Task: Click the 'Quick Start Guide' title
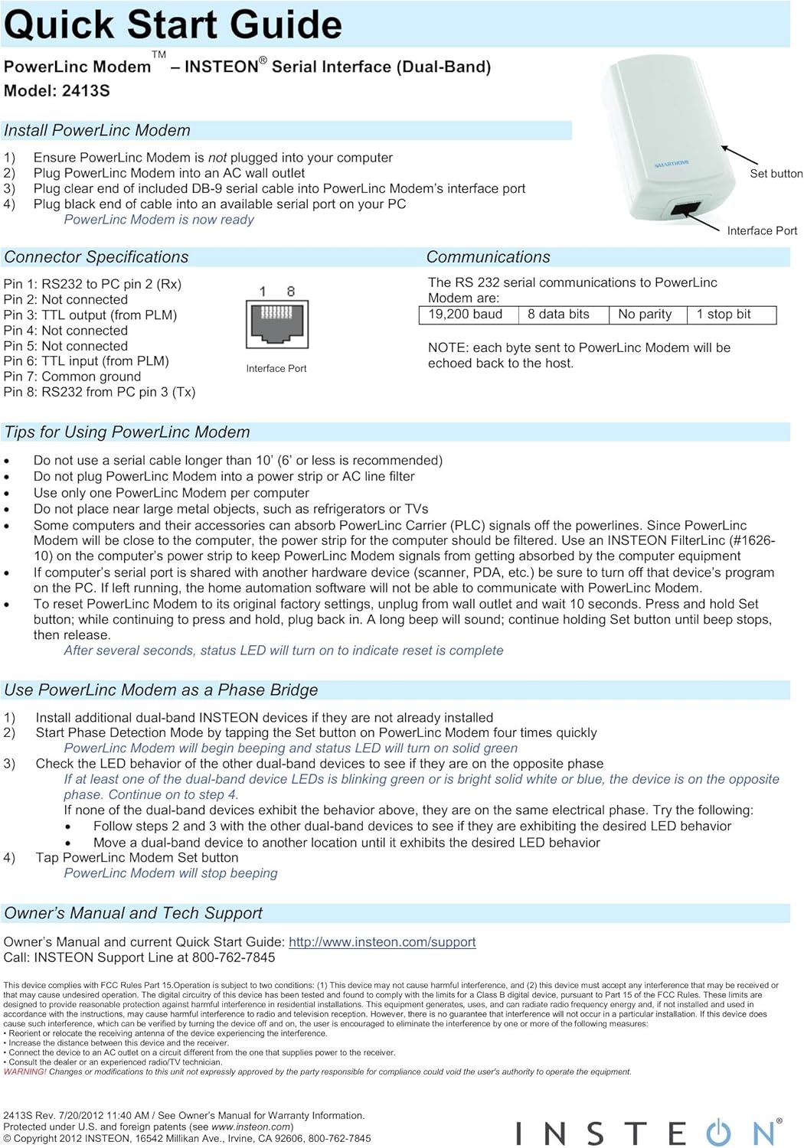(x=173, y=24)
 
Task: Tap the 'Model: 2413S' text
(x=57, y=90)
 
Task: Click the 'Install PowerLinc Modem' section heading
(x=97, y=130)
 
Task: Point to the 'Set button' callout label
(x=776, y=174)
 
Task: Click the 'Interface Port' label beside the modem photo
(x=761, y=230)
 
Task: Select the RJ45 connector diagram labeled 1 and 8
(x=276, y=323)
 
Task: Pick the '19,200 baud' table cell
(x=466, y=315)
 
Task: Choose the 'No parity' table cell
(x=645, y=315)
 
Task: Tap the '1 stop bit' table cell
(x=724, y=315)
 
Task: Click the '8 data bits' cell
(x=558, y=315)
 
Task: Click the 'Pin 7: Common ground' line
(x=73, y=377)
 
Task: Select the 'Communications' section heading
(x=488, y=257)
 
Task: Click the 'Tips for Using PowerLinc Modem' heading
(x=127, y=432)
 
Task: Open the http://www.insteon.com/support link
(x=382, y=942)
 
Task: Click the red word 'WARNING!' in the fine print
(x=25, y=1071)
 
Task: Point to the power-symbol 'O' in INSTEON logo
(x=717, y=1133)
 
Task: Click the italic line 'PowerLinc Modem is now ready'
(x=159, y=220)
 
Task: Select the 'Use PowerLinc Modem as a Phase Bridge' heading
(x=161, y=690)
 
